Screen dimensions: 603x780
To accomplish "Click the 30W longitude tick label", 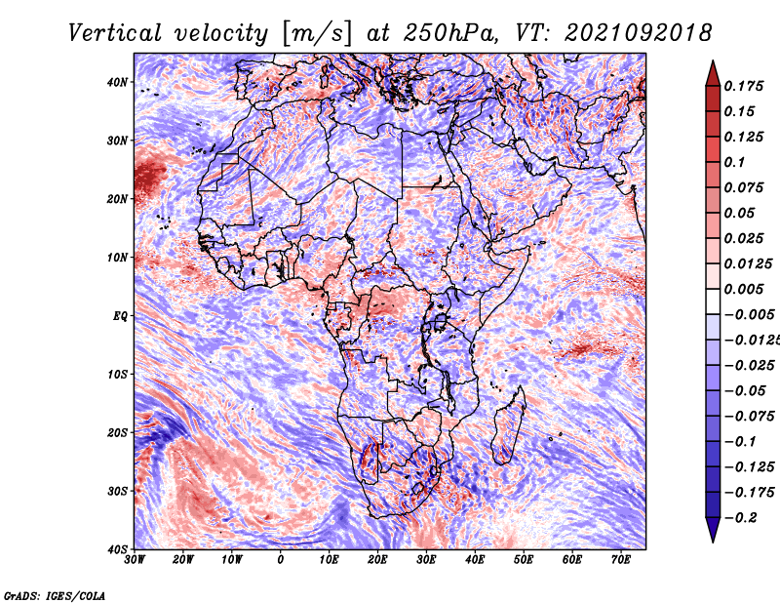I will (135, 560).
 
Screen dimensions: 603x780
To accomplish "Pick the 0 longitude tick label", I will (281, 560).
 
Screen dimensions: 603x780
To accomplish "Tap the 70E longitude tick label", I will (621, 560).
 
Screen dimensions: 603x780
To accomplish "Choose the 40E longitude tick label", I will (475, 560).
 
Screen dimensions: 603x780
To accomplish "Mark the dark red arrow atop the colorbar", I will (713, 72).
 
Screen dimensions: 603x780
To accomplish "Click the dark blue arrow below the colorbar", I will (713, 529).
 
